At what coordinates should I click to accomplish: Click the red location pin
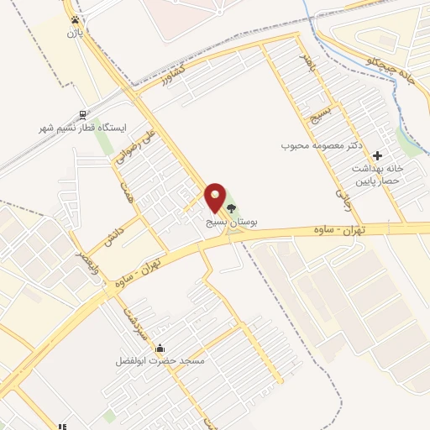216,198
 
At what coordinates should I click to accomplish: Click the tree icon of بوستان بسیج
231,206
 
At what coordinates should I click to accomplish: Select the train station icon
81,114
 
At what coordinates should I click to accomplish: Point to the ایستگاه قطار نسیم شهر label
81,128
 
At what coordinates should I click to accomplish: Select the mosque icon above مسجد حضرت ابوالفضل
160,349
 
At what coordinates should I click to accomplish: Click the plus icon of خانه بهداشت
378,155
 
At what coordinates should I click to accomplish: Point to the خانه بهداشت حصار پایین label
378,174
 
